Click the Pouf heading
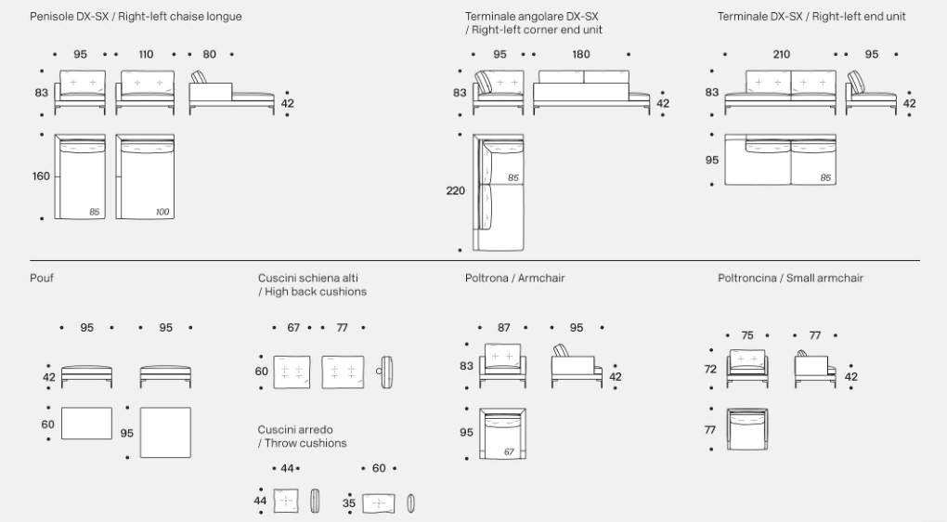(x=42, y=278)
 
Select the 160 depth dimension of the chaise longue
(x=41, y=176)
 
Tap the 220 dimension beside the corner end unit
(x=456, y=191)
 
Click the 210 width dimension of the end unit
(x=781, y=55)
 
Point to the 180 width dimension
(x=580, y=55)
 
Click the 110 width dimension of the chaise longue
(x=146, y=55)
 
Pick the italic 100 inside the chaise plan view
(x=162, y=213)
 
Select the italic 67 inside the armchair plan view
(x=509, y=451)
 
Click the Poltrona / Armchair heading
(x=514, y=278)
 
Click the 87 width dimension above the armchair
(x=504, y=328)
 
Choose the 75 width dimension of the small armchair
(x=747, y=336)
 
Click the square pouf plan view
(x=165, y=432)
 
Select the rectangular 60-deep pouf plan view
(x=86, y=424)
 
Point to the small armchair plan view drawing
(x=747, y=430)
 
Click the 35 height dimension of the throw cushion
(x=349, y=502)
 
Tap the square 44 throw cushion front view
(x=286, y=502)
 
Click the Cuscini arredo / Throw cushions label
(x=302, y=437)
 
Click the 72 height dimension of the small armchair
(x=711, y=369)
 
